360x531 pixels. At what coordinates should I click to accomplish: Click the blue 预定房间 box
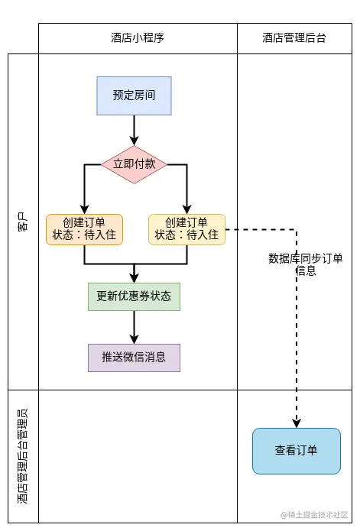click(x=134, y=96)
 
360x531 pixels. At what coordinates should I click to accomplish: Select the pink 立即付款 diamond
click(x=134, y=164)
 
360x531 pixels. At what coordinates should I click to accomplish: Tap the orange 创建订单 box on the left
click(x=84, y=229)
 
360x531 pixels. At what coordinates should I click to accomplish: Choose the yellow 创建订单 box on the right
click(x=186, y=229)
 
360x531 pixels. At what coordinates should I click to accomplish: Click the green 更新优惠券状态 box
click(x=134, y=296)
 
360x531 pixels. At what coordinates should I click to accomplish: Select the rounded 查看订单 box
click(x=297, y=451)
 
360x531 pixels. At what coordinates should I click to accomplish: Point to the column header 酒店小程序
click(x=138, y=38)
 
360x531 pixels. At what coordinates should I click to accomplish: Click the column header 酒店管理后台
click(x=294, y=38)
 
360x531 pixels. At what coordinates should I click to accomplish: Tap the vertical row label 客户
click(x=23, y=222)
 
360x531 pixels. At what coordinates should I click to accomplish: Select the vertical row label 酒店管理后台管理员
click(x=23, y=456)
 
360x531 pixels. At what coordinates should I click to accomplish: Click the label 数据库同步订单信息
click(x=306, y=264)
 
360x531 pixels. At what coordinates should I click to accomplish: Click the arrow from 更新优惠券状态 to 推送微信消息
click(x=134, y=327)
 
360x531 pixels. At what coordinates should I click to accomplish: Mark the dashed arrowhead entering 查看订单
click(x=297, y=423)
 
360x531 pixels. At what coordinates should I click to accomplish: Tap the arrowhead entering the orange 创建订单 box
click(x=84, y=209)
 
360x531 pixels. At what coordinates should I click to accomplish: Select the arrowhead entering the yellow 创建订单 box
click(x=186, y=209)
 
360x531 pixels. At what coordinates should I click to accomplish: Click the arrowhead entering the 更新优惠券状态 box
click(x=134, y=277)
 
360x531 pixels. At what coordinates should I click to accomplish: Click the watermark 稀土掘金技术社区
click(x=315, y=515)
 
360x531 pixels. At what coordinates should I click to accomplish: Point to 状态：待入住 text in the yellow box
click(x=186, y=235)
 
